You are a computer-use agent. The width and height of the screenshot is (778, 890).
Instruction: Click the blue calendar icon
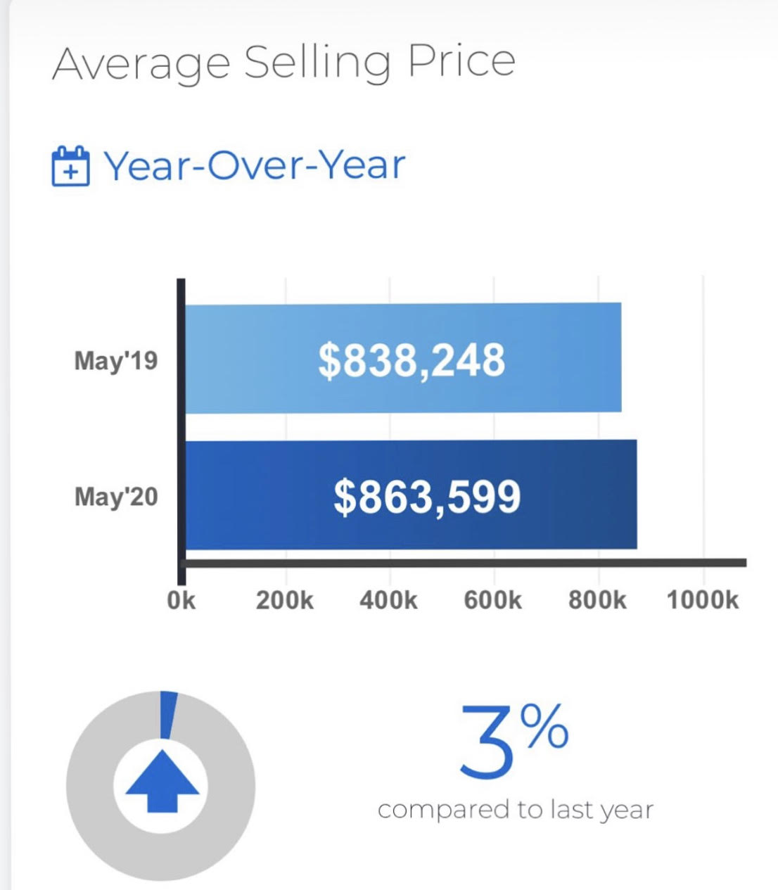(70, 166)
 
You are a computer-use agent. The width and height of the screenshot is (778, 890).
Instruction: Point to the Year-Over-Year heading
(255, 165)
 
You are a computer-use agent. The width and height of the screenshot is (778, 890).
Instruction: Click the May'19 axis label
(116, 361)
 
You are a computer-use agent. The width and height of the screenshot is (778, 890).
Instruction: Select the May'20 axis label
(116, 497)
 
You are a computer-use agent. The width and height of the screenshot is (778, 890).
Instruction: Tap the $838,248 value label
(412, 360)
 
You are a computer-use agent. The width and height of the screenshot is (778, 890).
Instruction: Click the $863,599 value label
(427, 497)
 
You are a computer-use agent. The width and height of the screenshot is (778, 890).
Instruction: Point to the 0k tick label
(181, 601)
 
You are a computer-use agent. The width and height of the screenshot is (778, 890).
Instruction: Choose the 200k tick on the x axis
(284, 601)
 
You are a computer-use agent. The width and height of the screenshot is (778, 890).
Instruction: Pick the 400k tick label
(388, 601)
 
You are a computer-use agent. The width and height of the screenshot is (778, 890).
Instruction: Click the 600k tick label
(492, 601)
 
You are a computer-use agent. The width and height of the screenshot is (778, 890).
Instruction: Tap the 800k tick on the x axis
(597, 601)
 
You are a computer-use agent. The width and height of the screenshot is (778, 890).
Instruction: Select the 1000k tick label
(703, 601)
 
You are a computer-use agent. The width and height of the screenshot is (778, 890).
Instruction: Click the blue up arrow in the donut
(162, 780)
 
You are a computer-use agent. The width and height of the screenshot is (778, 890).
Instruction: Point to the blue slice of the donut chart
(167, 714)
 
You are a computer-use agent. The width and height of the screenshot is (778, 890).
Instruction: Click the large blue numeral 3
(487, 742)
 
